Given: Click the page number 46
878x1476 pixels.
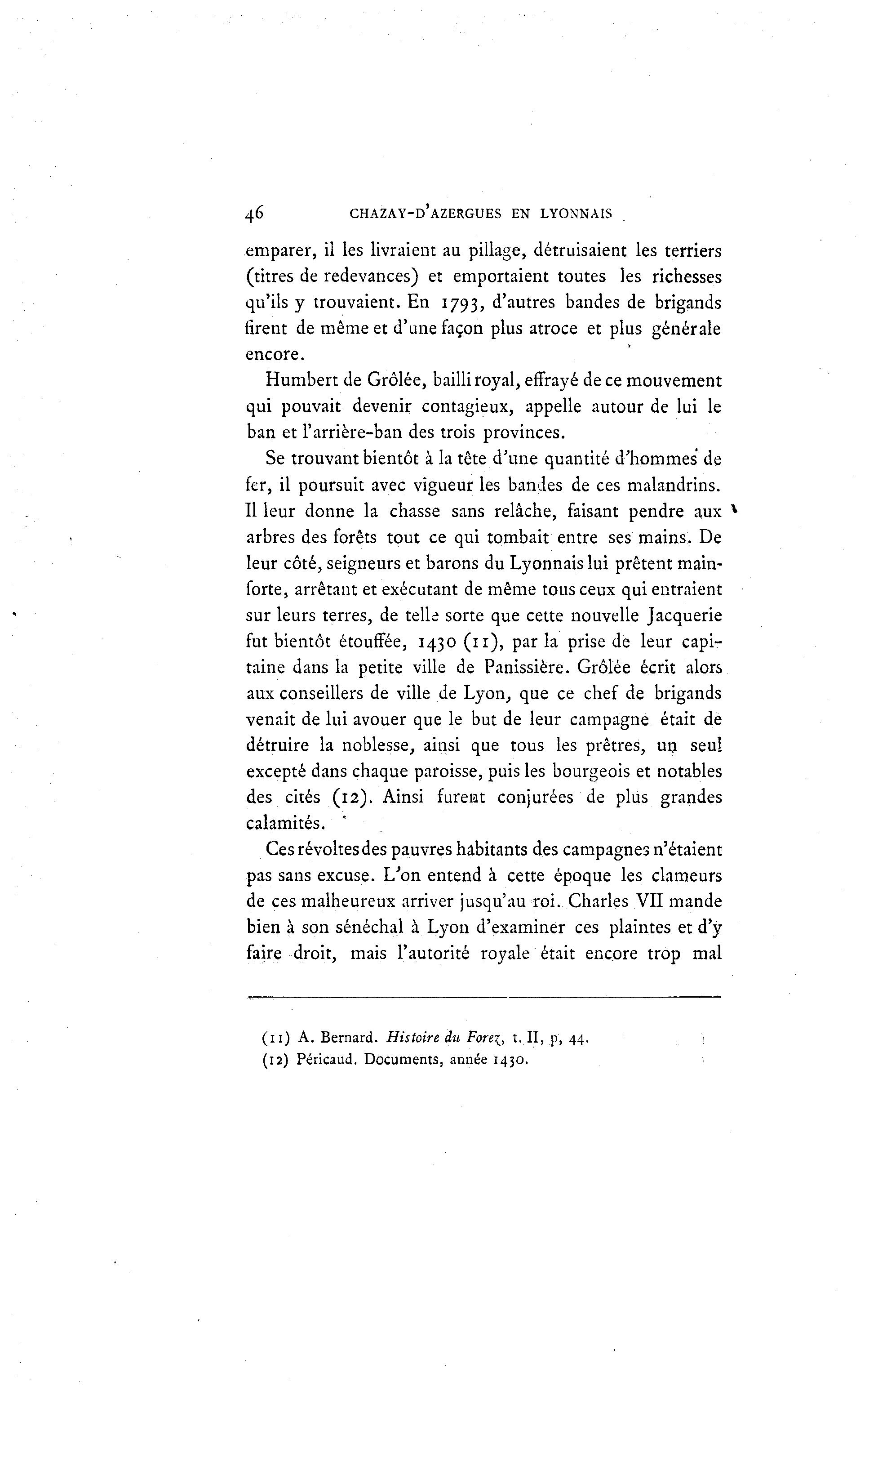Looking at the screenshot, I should pyautogui.click(x=254, y=213).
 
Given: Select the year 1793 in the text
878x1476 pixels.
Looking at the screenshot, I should pyautogui.click(x=463, y=303).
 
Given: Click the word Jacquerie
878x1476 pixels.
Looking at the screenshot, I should pyautogui.click(x=685, y=615).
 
